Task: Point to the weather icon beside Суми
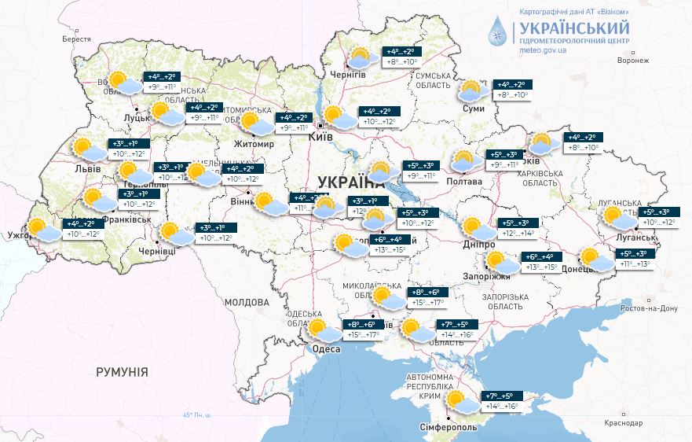474,91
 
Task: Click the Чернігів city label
349,74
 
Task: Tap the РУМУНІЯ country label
122,371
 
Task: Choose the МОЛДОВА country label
247,302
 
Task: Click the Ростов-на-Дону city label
648,308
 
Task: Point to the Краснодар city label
624,423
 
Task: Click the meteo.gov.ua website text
543,50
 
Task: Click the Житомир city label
254,145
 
